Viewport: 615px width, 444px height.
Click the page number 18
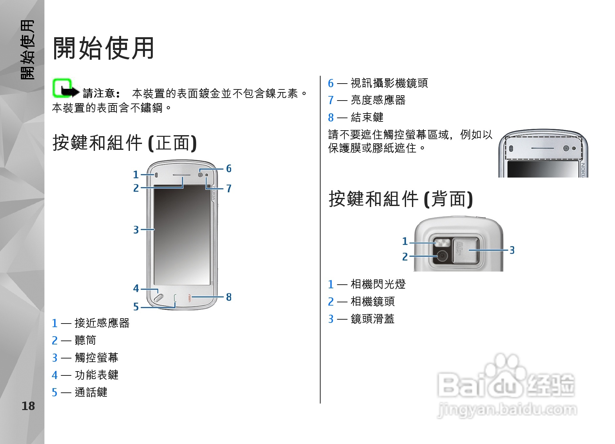pos(28,406)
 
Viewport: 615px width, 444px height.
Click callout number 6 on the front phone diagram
pos(229,168)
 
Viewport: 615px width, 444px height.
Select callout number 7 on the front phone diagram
pos(229,188)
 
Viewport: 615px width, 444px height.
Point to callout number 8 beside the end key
pos(229,297)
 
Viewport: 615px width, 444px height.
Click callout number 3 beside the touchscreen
pos(136,230)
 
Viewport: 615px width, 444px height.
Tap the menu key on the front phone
pos(158,297)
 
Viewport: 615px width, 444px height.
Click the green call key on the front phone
pos(175,298)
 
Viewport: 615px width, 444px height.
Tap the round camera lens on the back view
pos(442,256)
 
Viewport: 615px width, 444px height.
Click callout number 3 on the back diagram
pos(512,250)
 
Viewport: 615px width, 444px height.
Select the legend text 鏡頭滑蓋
pos(372,319)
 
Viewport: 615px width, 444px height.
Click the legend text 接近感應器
pos(102,323)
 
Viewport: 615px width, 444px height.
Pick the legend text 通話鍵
pos(91,392)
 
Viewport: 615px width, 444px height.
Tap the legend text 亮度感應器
pos(378,100)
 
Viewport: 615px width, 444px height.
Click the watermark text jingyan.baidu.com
pos(507,410)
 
